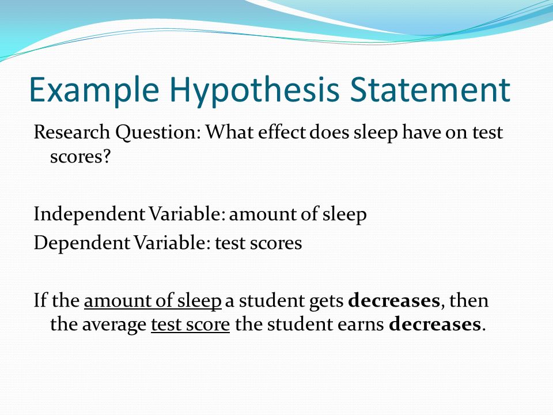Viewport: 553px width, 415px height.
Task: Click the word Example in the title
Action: [94, 90]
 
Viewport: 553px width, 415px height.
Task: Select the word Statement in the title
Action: [430, 90]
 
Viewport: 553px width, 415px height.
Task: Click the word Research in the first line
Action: [71, 133]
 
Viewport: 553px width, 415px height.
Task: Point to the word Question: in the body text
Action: [158, 133]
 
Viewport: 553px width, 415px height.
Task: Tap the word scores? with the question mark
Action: [81, 156]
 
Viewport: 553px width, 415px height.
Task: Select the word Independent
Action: [89, 215]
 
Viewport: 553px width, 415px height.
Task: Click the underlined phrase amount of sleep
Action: [153, 301]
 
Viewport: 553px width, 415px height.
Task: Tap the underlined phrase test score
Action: [191, 325]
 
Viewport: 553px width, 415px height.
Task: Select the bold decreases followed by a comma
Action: [394, 301]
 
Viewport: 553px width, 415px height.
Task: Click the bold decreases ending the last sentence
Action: [435, 325]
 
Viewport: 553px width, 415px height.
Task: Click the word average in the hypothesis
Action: [114, 325]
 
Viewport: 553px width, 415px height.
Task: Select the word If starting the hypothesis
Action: [40, 301]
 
